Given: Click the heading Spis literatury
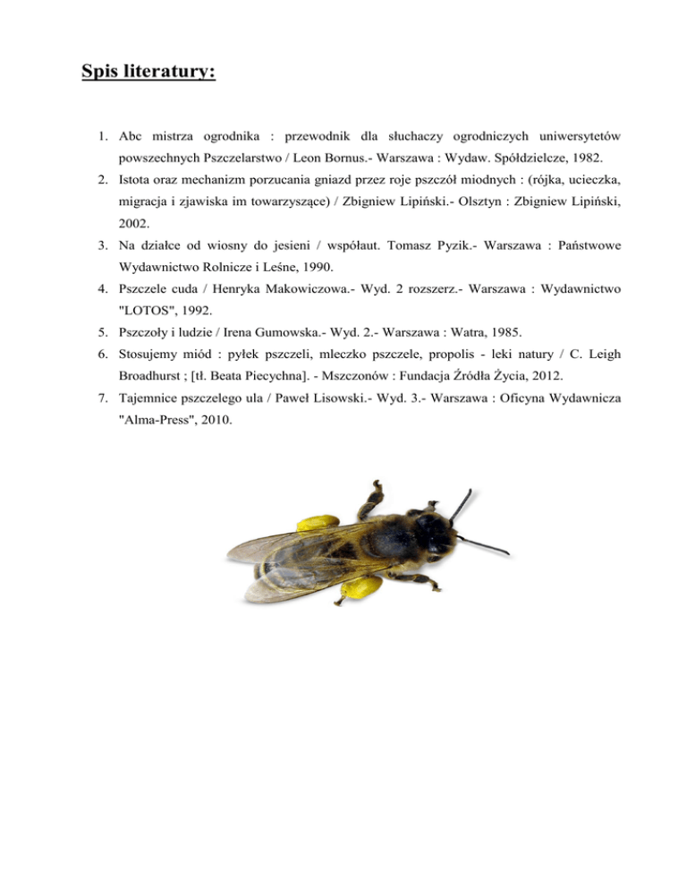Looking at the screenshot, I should tap(148, 70).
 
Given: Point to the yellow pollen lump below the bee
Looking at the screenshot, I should tap(357, 586).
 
